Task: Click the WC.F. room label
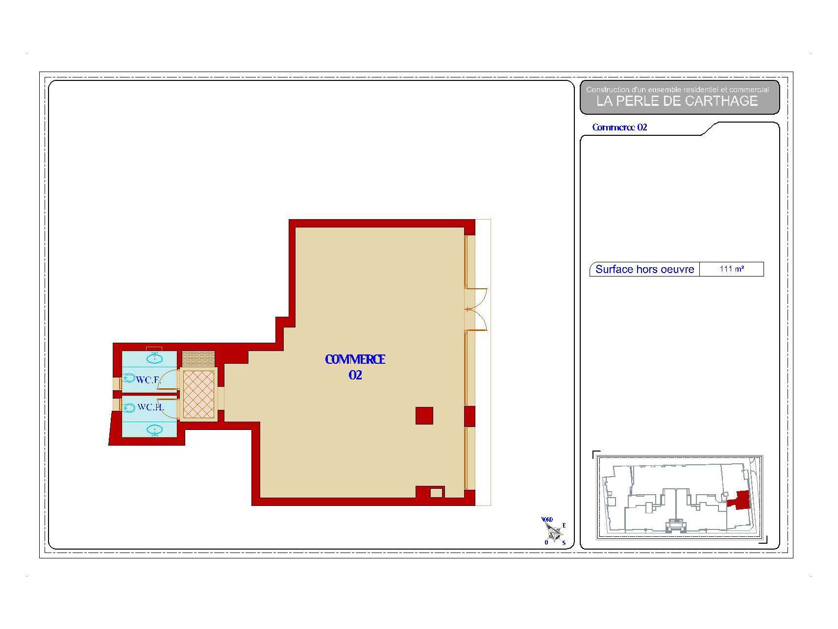coord(148,379)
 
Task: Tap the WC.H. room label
coord(150,407)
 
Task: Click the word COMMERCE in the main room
coord(355,359)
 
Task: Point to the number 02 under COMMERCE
coord(355,375)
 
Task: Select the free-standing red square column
coord(424,416)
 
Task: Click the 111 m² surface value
coord(732,269)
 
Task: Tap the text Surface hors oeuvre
coord(644,269)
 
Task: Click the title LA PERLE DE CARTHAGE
coord(677,101)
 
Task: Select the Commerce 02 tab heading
coord(619,127)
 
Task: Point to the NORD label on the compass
coord(547,520)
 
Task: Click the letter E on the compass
coord(564,526)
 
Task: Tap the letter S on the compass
coord(564,543)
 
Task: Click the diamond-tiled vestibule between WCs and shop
coord(198,394)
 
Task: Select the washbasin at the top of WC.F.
coord(154,358)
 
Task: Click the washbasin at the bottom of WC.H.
coord(155,430)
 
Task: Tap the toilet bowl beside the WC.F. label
coord(128,378)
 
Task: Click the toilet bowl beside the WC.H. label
coord(128,407)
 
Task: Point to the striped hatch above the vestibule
coord(198,358)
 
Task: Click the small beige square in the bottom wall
coord(436,493)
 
